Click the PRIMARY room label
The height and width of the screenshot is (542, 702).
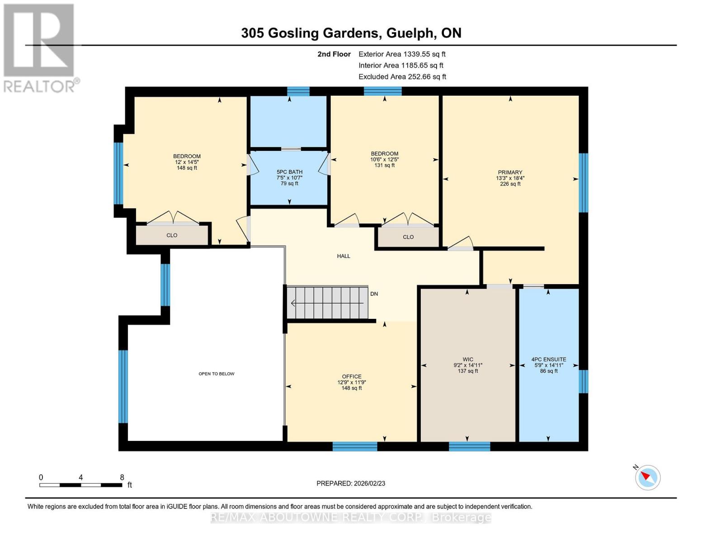(x=510, y=173)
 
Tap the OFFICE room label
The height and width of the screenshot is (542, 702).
(x=351, y=377)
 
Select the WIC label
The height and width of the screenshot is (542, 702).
(x=468, y=360)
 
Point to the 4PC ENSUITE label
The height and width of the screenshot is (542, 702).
(x=548, y=360)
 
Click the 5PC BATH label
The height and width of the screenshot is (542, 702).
(x=289, y=172)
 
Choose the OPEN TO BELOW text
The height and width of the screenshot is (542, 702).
(x=217, y=374)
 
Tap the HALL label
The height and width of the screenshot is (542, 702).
(x=344, y=256)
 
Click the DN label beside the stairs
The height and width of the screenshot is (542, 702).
(x=374, y=294)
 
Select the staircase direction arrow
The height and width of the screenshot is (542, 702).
(x=294, y=303)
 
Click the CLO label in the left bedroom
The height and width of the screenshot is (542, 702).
(x=172, y=235)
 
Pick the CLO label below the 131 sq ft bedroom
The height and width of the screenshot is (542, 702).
(x=408, y=237)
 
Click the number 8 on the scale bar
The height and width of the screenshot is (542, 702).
(x=122, y=477)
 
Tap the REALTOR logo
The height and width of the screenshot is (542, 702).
(x=40, y=47)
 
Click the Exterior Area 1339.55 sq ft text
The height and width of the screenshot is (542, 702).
(x=402, y=54)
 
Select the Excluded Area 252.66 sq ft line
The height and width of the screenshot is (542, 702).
(x=402, y=77)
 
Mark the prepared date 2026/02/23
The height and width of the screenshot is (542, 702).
(x=351, y=483)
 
